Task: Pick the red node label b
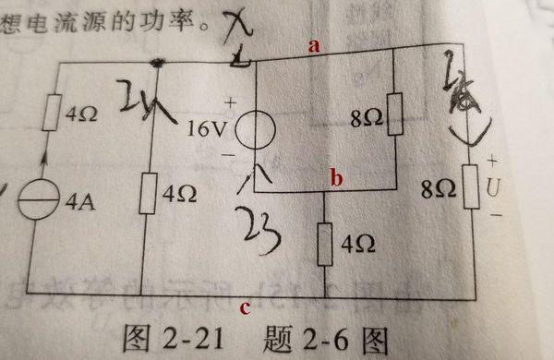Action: click(336, 179)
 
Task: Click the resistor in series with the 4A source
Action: click(52, 118)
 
